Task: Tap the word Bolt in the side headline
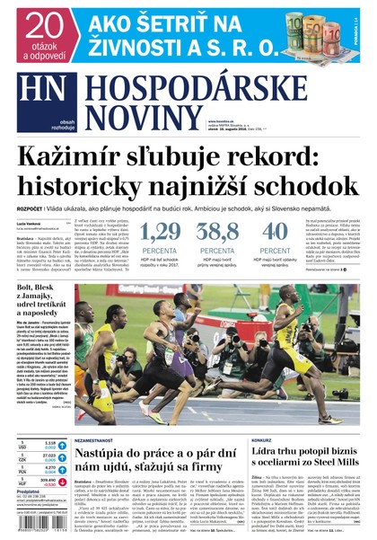pyautogui.click(x=28, y=290)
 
